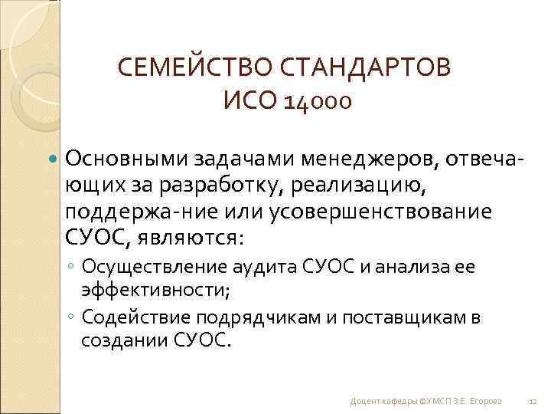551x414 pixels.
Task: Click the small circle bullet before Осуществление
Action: tap(70, 268)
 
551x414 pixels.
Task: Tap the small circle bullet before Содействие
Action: tap(70, 317)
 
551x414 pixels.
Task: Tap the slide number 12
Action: tap(533, 401)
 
